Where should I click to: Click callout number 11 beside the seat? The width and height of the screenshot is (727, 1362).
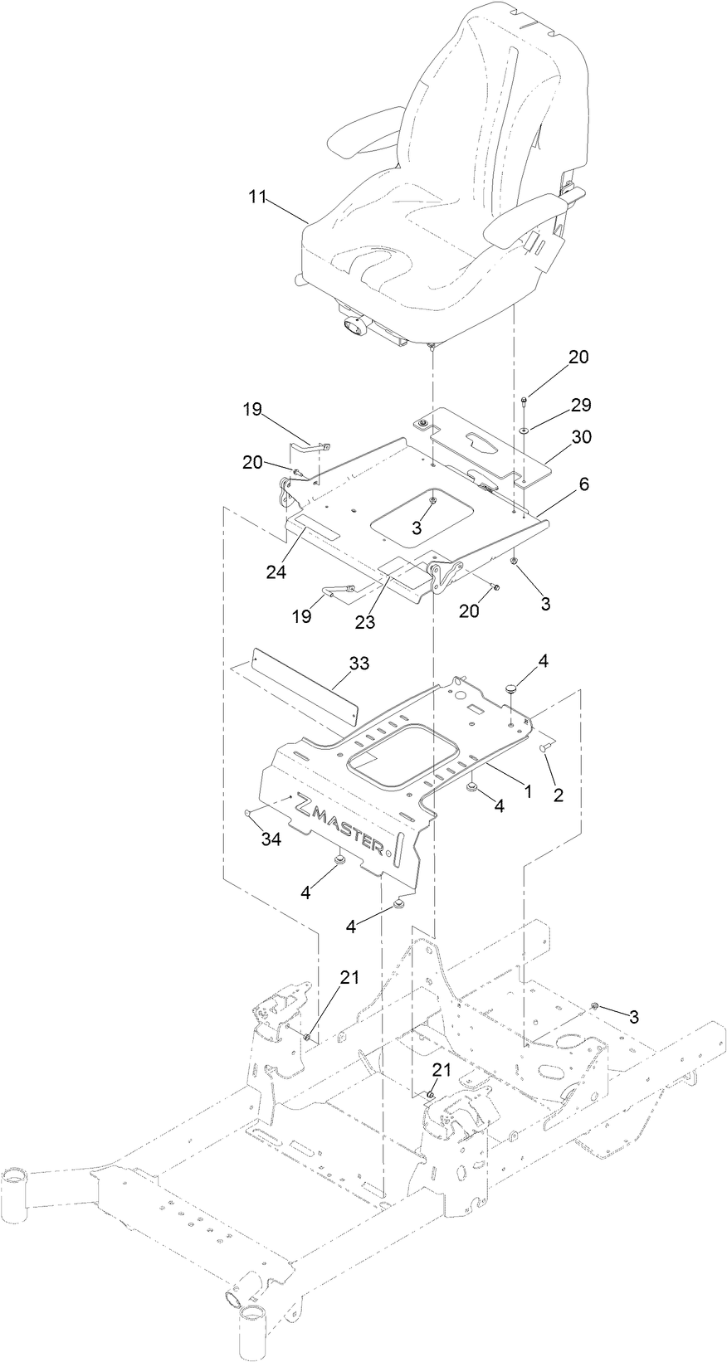(257, 197)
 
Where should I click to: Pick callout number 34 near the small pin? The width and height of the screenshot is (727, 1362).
(271, 839)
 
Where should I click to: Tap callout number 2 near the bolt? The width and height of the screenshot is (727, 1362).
(558, 795)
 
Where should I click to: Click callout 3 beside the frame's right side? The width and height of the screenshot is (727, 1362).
(633, 1017)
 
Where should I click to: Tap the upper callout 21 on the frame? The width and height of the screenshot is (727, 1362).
(349, 977)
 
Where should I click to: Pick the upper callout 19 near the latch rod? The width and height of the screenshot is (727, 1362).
(252, 409)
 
